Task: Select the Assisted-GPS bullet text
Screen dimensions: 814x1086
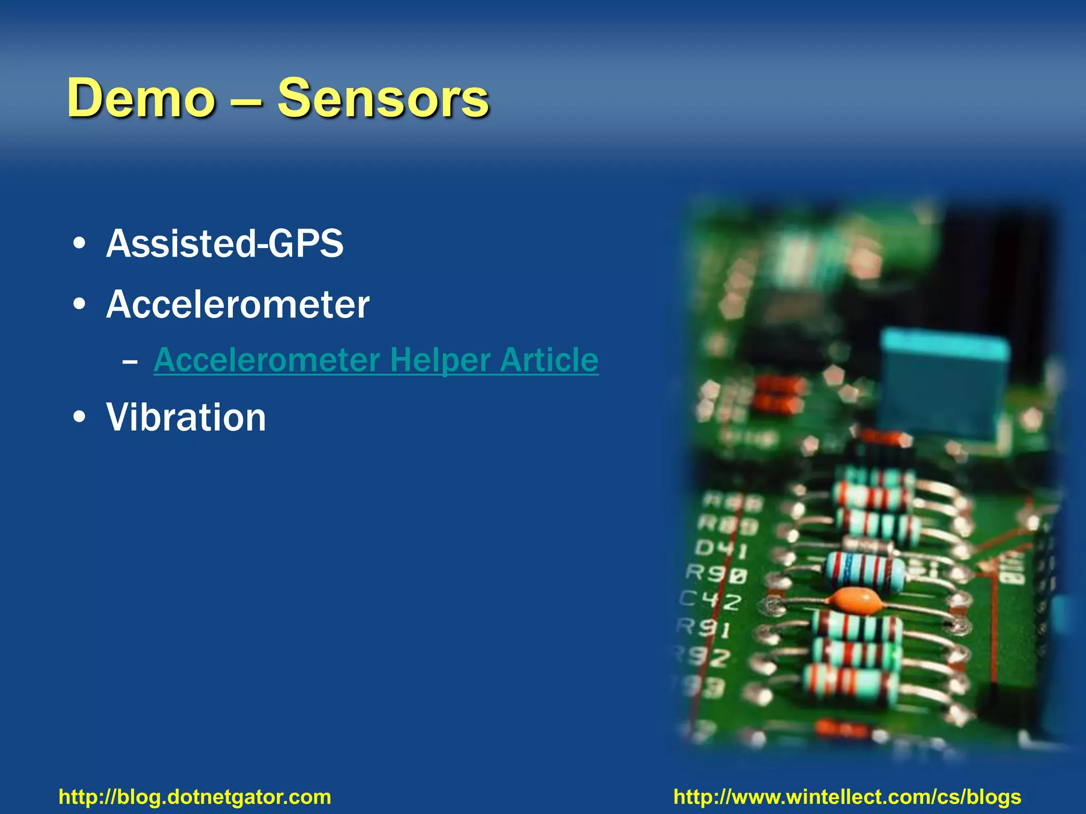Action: (225, 244)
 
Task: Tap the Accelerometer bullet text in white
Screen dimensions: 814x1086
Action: (238, 305)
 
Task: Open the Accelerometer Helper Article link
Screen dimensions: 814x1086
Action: (375, 360)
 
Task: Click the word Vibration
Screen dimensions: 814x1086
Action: (186, 418)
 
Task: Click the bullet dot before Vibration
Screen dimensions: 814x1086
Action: (80, 417)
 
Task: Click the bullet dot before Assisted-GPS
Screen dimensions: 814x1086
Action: (80, 244)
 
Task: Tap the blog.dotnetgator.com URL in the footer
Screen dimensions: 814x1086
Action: (195, 797)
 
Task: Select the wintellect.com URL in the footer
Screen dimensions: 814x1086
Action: (847, 797)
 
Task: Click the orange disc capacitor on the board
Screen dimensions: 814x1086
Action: (855, 601)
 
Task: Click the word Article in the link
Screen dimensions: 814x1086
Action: (549, 360)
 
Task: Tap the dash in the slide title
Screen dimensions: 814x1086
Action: (247, 99)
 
